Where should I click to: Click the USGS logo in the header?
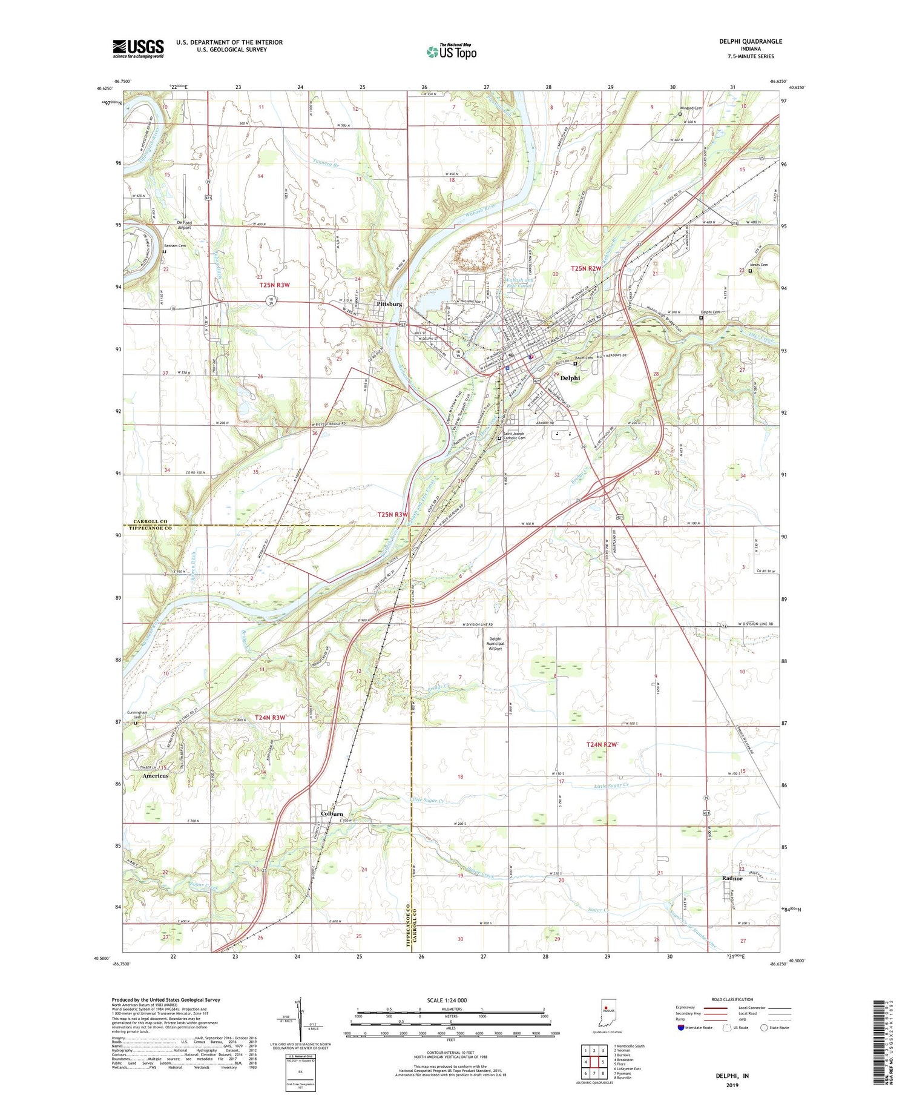138,48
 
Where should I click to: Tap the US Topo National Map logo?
451,51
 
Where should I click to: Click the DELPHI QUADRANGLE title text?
750,41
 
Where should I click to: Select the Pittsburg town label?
389,303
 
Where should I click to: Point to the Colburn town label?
332,814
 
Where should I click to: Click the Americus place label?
155,775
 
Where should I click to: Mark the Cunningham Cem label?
137,715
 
